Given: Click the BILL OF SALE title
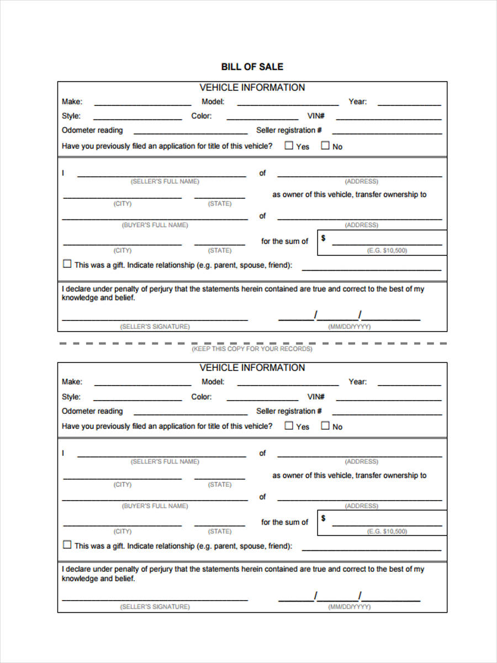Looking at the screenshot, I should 252,67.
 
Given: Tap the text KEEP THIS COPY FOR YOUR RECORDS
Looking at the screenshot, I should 252,349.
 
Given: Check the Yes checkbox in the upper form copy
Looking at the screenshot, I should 289,146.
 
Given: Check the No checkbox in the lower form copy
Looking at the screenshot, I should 325,426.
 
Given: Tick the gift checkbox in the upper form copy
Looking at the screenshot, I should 67,264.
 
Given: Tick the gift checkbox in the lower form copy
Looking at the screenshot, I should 67,545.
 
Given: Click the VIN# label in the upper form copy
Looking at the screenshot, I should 316,116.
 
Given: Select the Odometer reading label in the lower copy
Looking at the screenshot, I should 92,411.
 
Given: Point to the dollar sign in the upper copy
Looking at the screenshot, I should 323,238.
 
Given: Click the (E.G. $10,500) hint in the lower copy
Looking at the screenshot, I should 387,531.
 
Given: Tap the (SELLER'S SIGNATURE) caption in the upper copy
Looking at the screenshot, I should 155,327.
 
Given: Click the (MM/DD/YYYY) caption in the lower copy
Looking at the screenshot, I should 349,607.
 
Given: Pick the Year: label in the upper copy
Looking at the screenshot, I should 357,102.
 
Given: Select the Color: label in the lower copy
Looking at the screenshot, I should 201,397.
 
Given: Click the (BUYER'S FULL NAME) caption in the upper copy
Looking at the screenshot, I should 155,225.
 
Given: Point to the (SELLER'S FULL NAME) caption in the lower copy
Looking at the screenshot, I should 165,461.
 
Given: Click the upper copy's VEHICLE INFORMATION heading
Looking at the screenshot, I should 252,87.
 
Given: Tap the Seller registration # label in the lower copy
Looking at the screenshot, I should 289,411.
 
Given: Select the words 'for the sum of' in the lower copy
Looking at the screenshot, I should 284,522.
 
